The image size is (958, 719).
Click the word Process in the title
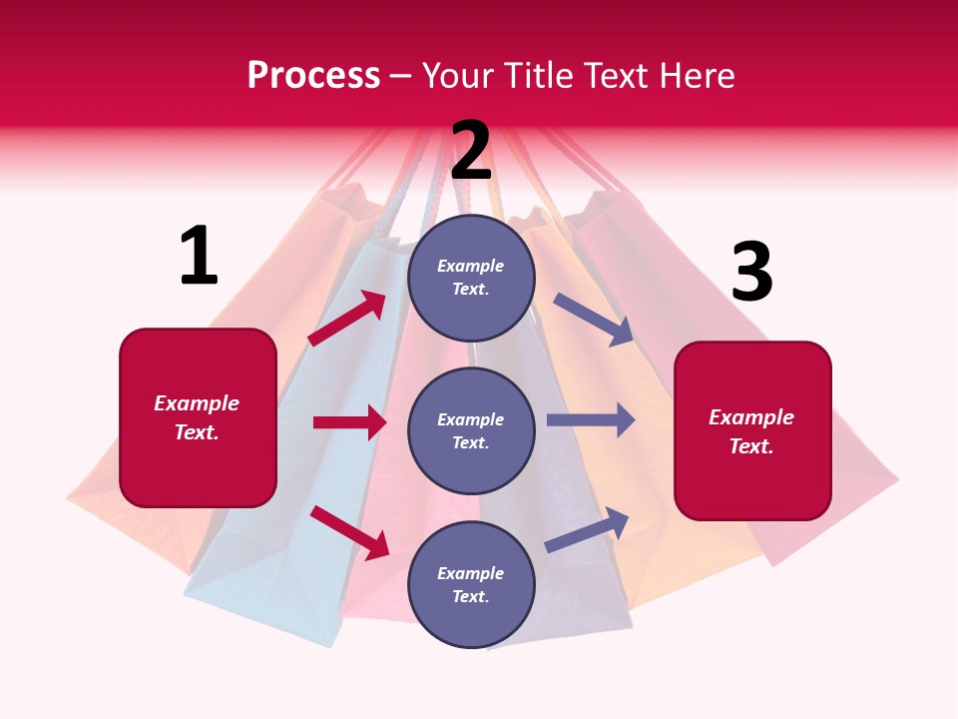pyautogui.click(x=313, y=76)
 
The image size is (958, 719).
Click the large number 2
pyautogui.click(x=471, y=151)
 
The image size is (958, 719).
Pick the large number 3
pyautogui.click(x=751, y=273)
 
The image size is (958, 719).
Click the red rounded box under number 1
pyautogui.click(x=198, y=417)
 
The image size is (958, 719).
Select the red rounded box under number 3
pyautogui.click(x=752, y=431)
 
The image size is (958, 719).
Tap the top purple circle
pyautogui.click(x=471, y=278)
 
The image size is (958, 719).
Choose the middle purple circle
pyautogui.click(x=471, y=430)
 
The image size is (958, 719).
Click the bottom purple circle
pyautogui.click(x=471, y=584)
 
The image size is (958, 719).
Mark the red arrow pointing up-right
pyautogui.click(x=347, y=319)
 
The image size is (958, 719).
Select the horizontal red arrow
pyautogui.click(x=349, y=422)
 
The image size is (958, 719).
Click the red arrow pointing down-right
pyautogui.click(x=350, y=531)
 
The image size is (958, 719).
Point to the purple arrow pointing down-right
pyautogui.click(x=594, y=320)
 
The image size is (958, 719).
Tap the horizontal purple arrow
pyautogui.click(x=591, y=419)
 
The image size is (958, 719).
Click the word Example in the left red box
pyautogui.click(x=197, y=403)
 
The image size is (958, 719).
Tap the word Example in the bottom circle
pyautogui.click(x=471, y=573)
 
